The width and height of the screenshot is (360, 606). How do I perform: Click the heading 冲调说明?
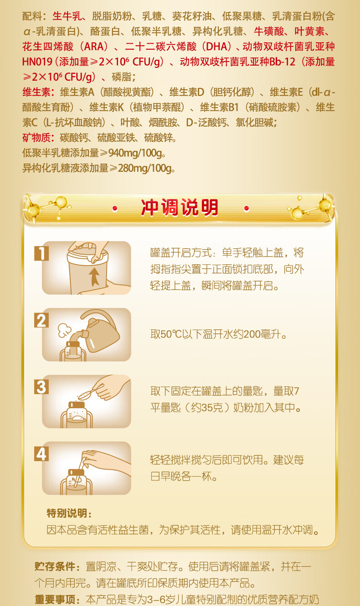pos(180,208)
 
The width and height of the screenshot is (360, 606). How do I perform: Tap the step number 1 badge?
pos(41,253)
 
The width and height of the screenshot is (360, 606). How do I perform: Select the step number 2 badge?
pos(41,320)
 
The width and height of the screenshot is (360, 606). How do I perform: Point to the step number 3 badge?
pos(41,387)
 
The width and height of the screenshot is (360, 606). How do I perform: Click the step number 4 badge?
pos(41,454)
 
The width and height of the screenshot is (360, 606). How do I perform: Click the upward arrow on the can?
pos(94,277)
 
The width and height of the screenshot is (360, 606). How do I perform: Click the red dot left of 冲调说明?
pos(115,208)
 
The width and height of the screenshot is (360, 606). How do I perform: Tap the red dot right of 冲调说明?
pos(246,208)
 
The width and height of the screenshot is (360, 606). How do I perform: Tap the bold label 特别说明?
pos(69,513)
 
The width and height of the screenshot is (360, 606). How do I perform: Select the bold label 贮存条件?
pos(57,566)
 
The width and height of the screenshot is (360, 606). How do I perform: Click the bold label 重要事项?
pos(57,600)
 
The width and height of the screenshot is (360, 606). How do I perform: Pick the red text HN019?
pos(37,62)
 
